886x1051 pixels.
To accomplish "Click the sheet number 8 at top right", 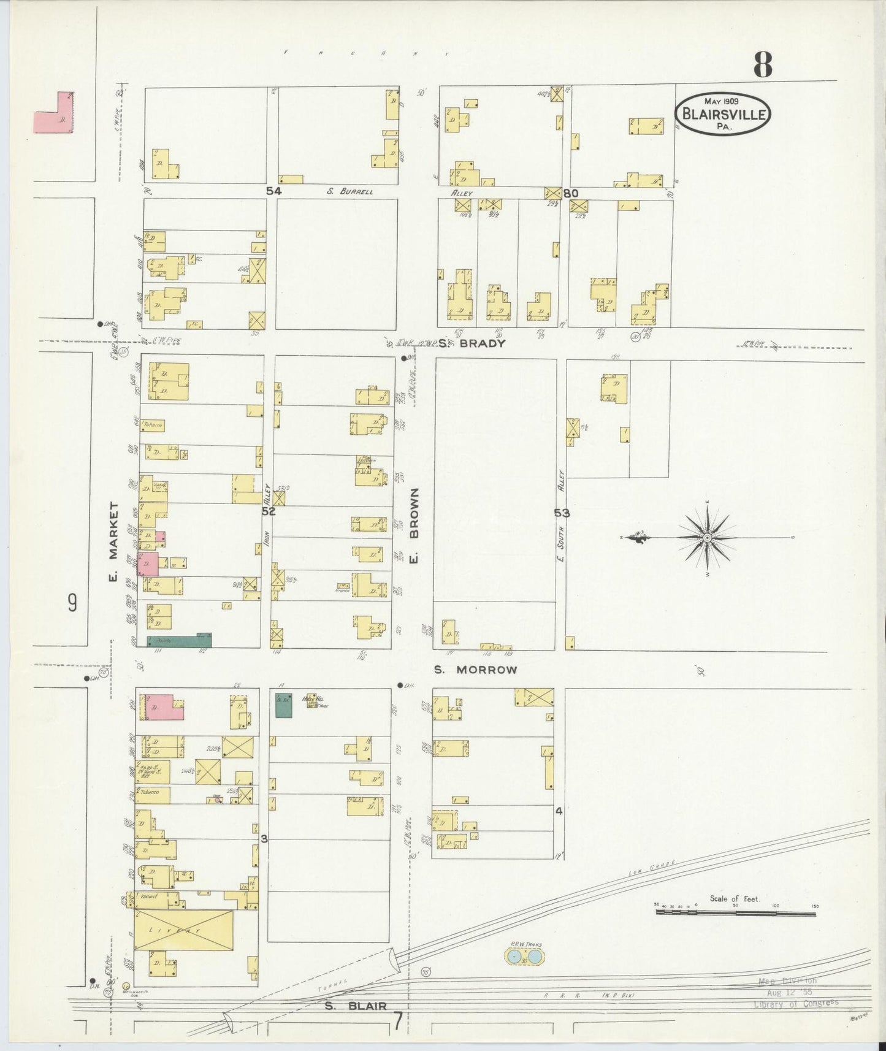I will (x=762, y=64).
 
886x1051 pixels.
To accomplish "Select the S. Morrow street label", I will (x=475, y=670).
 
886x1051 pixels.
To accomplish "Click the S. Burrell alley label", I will (x=349, y=191).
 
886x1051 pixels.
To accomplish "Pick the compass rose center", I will (x=707, y=537).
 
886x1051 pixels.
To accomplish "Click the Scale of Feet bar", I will (x=735, y=913).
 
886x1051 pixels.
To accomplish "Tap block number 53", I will (x=562, y=513).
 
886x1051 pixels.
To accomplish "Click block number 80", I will (x=571, y=193).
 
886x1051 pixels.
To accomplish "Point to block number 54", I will (x=273, y=191).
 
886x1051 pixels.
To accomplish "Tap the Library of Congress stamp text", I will (x=796, y=1003).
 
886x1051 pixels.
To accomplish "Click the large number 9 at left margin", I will (x=72, y=603).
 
